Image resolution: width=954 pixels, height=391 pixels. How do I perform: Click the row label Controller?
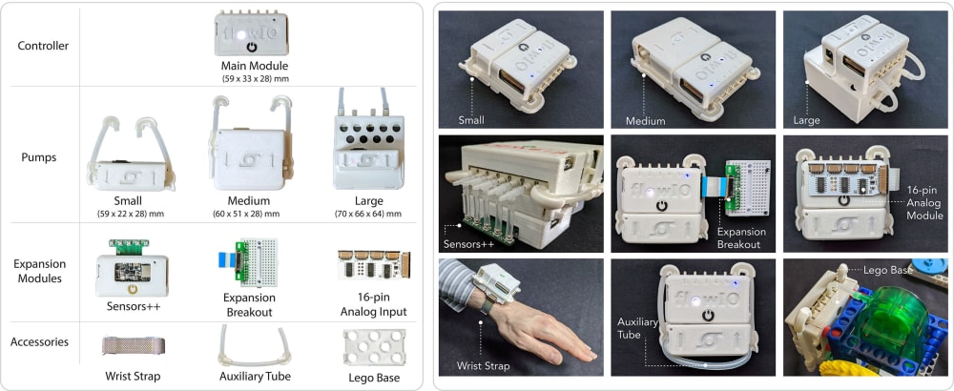pyautogui.click(x=43, y=46)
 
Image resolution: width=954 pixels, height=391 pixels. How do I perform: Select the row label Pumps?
pyautogui.click(x=39, y=157)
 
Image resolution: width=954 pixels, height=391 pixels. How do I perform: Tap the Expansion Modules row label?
pyautogui.click(x=39, y=271)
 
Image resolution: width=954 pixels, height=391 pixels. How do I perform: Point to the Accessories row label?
pyautogui.click(x=39, y=341)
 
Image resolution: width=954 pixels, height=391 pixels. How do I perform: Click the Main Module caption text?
pyautogui.click(x=255, y=66)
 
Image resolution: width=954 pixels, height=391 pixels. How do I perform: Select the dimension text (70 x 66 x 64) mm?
pyautogui.click(x=368, y=214)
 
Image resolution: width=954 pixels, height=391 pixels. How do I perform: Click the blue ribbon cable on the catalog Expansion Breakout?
pyautogui.click(x=226, y=260)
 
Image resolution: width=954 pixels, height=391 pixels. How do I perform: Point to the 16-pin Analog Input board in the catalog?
pyautogui.click(x=374, y=265)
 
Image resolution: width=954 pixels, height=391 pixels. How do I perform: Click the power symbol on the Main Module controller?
pyautogui.click(x=253, y=47)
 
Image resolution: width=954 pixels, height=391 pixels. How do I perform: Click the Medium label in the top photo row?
pyautogui.click(x=646, y=120)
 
